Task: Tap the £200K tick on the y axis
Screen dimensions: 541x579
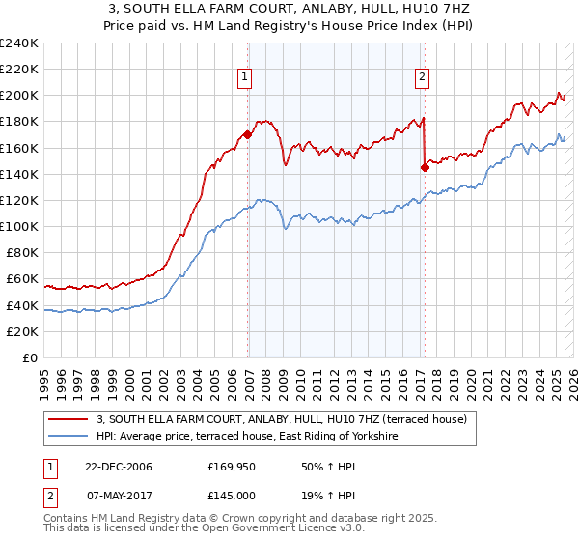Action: pyautogui.click(x=19, y=96)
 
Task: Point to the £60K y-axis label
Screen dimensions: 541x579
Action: pyautogui.click(x=22, y=279)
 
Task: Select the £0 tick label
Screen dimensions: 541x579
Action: pyautogui.click(x=30, y=357)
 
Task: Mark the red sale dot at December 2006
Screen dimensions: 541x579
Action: pyautogui.click(x=248, y=135)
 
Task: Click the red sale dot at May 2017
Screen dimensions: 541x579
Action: pyautogui.click(x=425, y=167)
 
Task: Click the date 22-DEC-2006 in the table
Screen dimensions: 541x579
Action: pyautogui.click(x=118, y=468)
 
